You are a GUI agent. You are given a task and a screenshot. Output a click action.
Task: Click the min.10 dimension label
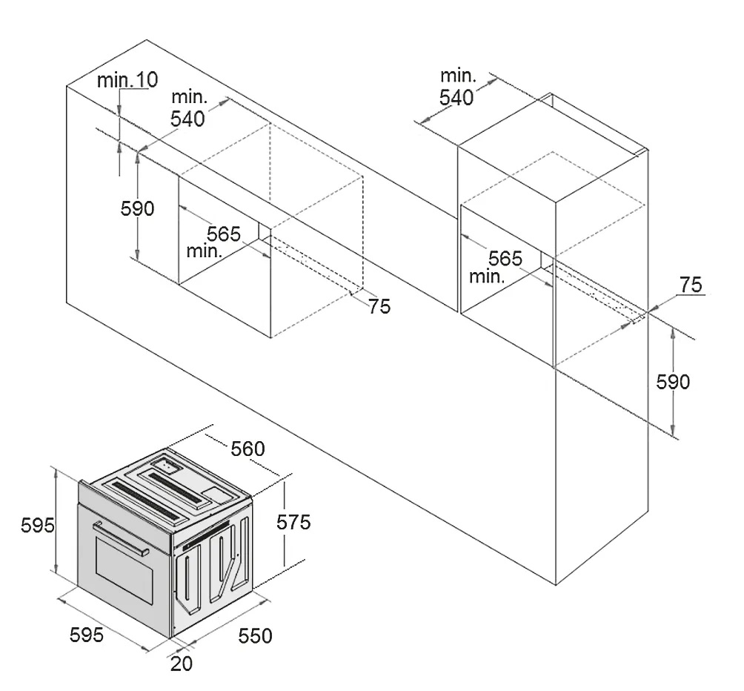(x=127, y=80)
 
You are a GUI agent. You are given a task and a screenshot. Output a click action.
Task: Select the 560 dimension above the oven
(x=248, y=449)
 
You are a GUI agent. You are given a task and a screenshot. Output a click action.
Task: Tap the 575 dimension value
(x=293, y=522)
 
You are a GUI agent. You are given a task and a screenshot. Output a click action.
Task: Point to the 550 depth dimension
(x=255, y=635)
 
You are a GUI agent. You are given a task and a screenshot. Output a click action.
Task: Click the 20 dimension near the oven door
(x=182, y=664)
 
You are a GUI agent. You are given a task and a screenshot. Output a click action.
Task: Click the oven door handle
(x=120, y=538)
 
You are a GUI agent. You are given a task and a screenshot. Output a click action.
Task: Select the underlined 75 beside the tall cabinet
(x=691, y=285)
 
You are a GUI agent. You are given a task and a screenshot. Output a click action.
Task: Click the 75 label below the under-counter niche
(x=379, y=306)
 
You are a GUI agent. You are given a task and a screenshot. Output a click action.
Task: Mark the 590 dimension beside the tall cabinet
(x=673, y=382)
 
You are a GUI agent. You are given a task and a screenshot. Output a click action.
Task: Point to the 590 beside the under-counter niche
(x=138, y=209)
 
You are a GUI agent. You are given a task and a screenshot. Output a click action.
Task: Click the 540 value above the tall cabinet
(x=456, y=97)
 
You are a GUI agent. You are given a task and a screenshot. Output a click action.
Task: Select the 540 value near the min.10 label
(x=188, y=119)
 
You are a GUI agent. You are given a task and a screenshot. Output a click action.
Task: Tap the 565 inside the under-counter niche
(x=224, y=234)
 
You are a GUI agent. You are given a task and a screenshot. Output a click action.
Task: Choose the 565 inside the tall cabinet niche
(x=505, y=259)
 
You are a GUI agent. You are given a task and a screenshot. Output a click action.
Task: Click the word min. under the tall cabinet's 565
(x=487, y=277)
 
